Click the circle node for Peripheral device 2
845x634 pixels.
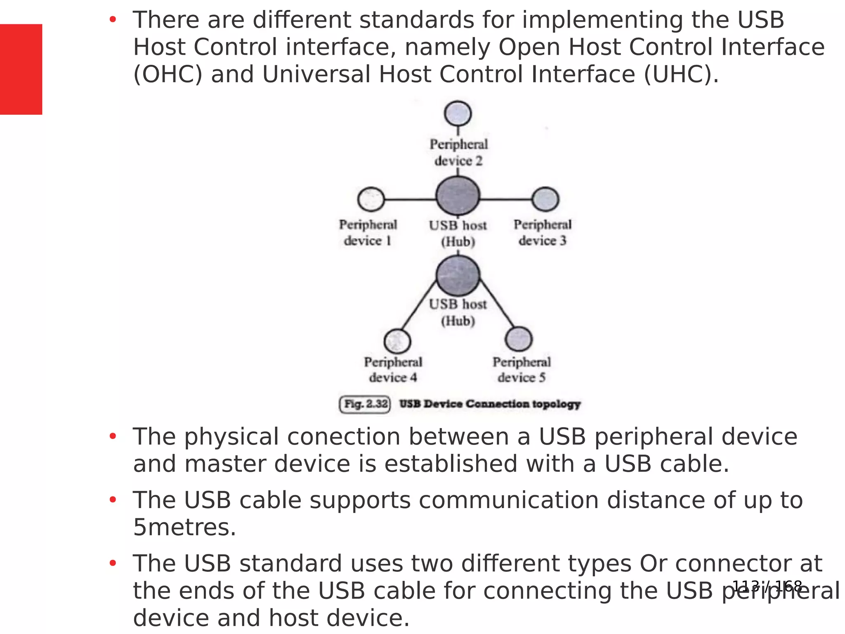(x=458, y=113)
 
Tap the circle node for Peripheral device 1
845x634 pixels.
(x=371, y=199)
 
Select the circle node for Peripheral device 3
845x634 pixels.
(x=545, y=199)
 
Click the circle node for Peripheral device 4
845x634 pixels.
(x=397, y=341)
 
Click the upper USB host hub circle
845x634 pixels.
(x=458, y=196)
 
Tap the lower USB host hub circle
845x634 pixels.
(x=458, y=275)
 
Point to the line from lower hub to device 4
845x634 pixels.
(x=419, y=306)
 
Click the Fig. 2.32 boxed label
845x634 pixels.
(x=365, y=404)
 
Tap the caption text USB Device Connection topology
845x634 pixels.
(x=490, y=404)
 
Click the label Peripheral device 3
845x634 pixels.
(x=542, y=232)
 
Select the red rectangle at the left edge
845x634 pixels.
(x=21, y=69)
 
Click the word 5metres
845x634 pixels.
(x=184, y=527)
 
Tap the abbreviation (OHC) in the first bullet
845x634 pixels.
(x=168, y=74)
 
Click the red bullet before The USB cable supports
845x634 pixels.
(x=113, y=500)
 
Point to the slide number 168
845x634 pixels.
(x=788, y=586)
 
